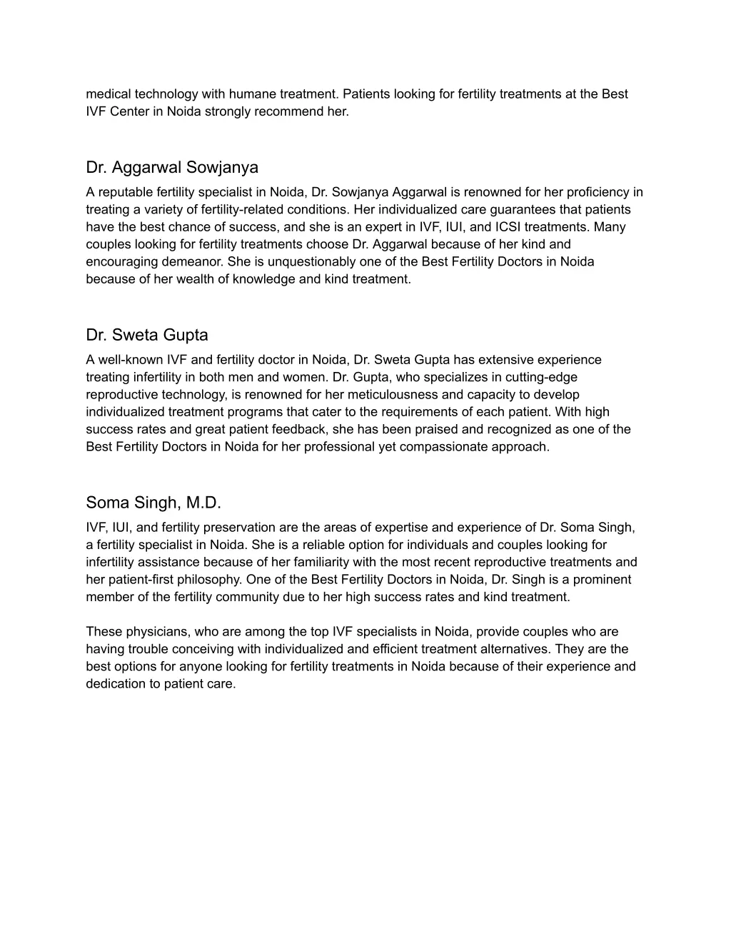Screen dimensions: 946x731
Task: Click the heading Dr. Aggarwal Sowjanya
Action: pyautogui.click(x=172, y=168)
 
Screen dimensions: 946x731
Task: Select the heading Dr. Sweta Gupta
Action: pyautogui.click(x=147, y=336)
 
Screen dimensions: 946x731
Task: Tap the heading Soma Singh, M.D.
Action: pyautogui.click(x=153, y=503)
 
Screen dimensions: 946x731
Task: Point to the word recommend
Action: pyautogui.click(x=295, y=112)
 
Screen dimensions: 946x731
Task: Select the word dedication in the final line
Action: pyautogui.click(x=115, y=685)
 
